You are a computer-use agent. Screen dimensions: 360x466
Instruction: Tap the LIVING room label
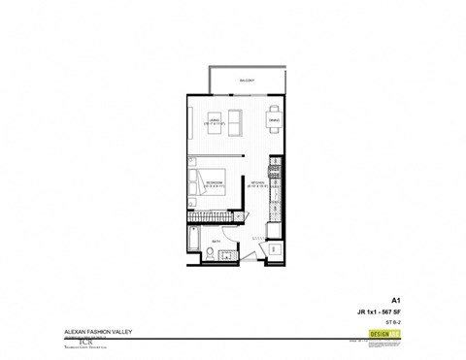(215, 122)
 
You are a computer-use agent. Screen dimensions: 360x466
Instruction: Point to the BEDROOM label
(215, 182)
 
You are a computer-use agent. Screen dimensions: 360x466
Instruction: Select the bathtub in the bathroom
(194, 241)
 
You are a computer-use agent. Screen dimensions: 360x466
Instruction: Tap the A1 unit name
(396, 301)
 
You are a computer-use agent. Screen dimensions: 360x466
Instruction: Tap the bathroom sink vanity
(225, 256)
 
